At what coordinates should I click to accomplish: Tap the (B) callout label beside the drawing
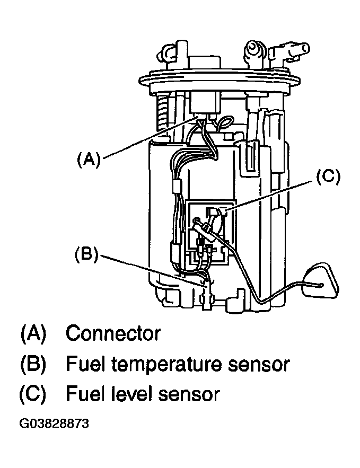(86, 254)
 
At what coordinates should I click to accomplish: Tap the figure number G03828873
(54, 423)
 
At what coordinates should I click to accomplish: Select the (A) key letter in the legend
(33, 333)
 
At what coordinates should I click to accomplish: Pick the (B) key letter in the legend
(33, 365)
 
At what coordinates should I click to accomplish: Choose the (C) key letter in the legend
(33, 394)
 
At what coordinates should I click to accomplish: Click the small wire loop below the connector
(223, 123)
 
